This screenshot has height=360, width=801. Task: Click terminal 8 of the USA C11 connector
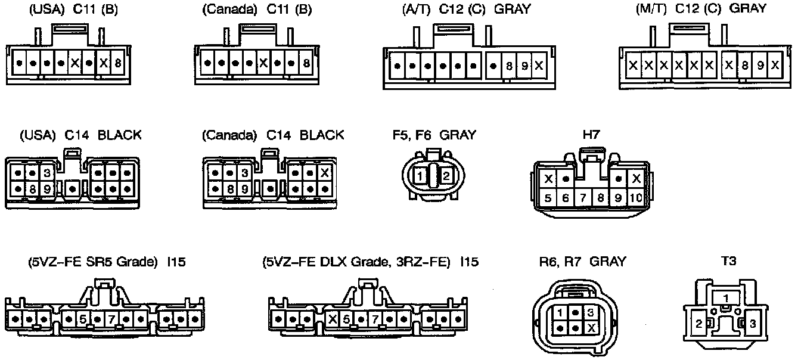(x=117, y=62)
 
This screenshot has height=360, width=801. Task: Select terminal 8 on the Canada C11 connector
(x=306, y=62)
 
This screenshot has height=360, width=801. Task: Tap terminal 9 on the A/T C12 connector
(x=524, y=66)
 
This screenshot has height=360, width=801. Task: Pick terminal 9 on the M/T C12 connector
(x=760, y=65)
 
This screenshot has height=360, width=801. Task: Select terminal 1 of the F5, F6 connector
(x=421, y=176)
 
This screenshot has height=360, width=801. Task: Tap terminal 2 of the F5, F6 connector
(x=447, y=176)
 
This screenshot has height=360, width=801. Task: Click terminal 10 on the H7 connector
(x=636, y=198)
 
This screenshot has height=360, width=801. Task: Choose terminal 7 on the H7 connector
(x=583, y=198)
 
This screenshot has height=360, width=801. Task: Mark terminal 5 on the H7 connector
(x=548, y=198)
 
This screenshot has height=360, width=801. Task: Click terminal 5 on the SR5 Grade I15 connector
(x=83, y=319)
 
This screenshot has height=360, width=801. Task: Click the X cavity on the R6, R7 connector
(x=591, y=328)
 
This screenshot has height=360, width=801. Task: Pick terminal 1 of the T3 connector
(x=725, y=297)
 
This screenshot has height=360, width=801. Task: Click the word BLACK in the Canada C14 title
(x=322, y=135)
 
